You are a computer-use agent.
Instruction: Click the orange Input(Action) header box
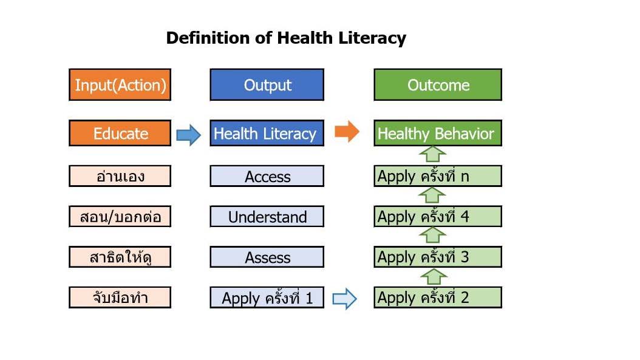click(120, 84)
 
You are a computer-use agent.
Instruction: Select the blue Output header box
click(267, 84)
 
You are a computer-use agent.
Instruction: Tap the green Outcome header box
click(438, 84)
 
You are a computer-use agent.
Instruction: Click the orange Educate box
click(120, 133)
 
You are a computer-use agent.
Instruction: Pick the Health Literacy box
click(267, 133)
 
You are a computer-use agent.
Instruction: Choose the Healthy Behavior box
click(438, 133)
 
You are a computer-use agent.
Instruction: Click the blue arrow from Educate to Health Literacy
click(189, 135)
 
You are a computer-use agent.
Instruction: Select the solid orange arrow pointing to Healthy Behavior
click(347, 131)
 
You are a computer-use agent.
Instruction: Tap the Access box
click(267, 176)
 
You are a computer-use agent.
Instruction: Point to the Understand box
click(267, 216)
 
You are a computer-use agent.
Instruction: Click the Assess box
click(267, 257)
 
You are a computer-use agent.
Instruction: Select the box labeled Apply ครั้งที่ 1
click(267, 297)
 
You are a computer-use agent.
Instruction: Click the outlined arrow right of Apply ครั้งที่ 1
click(345, 299)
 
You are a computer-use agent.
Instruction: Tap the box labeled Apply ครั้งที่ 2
click(438, 297)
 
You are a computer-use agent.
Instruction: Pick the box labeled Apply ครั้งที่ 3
click(438, 257)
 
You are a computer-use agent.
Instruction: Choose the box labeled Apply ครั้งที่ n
click(438, 176)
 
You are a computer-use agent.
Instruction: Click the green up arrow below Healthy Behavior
click(433, 154)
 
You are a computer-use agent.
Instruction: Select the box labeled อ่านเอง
click(120, 176)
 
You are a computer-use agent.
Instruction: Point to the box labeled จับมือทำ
click(120, 297)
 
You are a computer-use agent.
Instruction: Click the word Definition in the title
click(208, 38)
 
